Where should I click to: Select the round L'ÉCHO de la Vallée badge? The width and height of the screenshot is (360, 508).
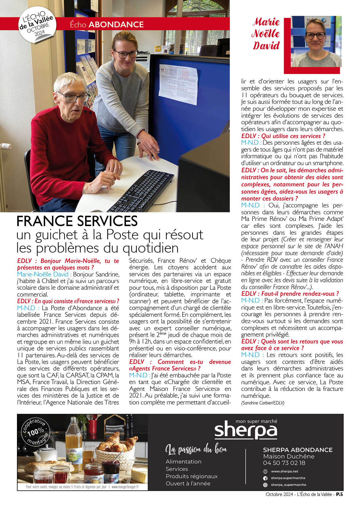[37, 25]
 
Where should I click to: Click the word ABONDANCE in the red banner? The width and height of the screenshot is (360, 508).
[116, 24]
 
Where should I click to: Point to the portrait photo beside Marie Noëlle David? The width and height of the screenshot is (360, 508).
[316, 41]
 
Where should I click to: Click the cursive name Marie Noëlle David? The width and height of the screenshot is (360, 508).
[266, 34]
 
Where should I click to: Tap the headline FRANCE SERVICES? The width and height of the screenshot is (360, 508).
[77, 221]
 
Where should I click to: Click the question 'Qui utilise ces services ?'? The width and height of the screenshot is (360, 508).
[283, 136]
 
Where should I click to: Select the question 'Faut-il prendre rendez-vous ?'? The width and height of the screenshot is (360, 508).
[290, 294]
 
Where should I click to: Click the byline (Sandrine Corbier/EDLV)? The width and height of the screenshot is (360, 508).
[263, 403]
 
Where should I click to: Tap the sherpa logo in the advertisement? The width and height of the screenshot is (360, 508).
[246, 430]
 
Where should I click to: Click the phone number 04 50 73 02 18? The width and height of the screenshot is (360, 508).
[284, 463]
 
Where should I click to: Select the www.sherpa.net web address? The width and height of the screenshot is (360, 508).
[284, 471]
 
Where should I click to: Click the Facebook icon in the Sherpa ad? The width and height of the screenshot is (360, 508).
[265, 478]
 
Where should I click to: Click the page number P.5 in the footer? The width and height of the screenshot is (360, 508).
[339, 494]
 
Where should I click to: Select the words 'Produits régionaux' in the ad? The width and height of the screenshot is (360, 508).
[192, 476]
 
